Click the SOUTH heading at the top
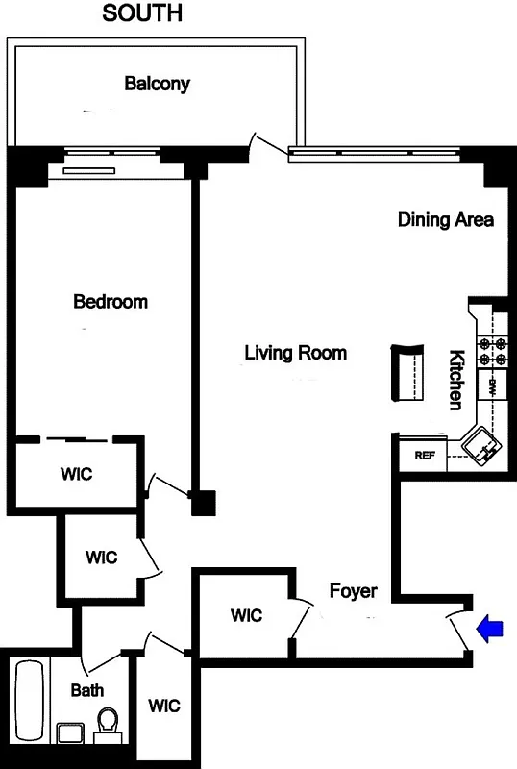(142, 13)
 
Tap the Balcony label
(157, 84)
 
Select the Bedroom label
(111, 302)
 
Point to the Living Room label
(295, 353)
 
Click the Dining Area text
(446, 220)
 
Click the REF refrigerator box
(424, 456)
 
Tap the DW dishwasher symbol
(492, 387)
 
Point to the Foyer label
(354, 591)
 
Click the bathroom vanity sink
(70, 734)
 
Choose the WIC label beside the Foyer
(246, 616)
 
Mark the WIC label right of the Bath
(164, 706)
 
